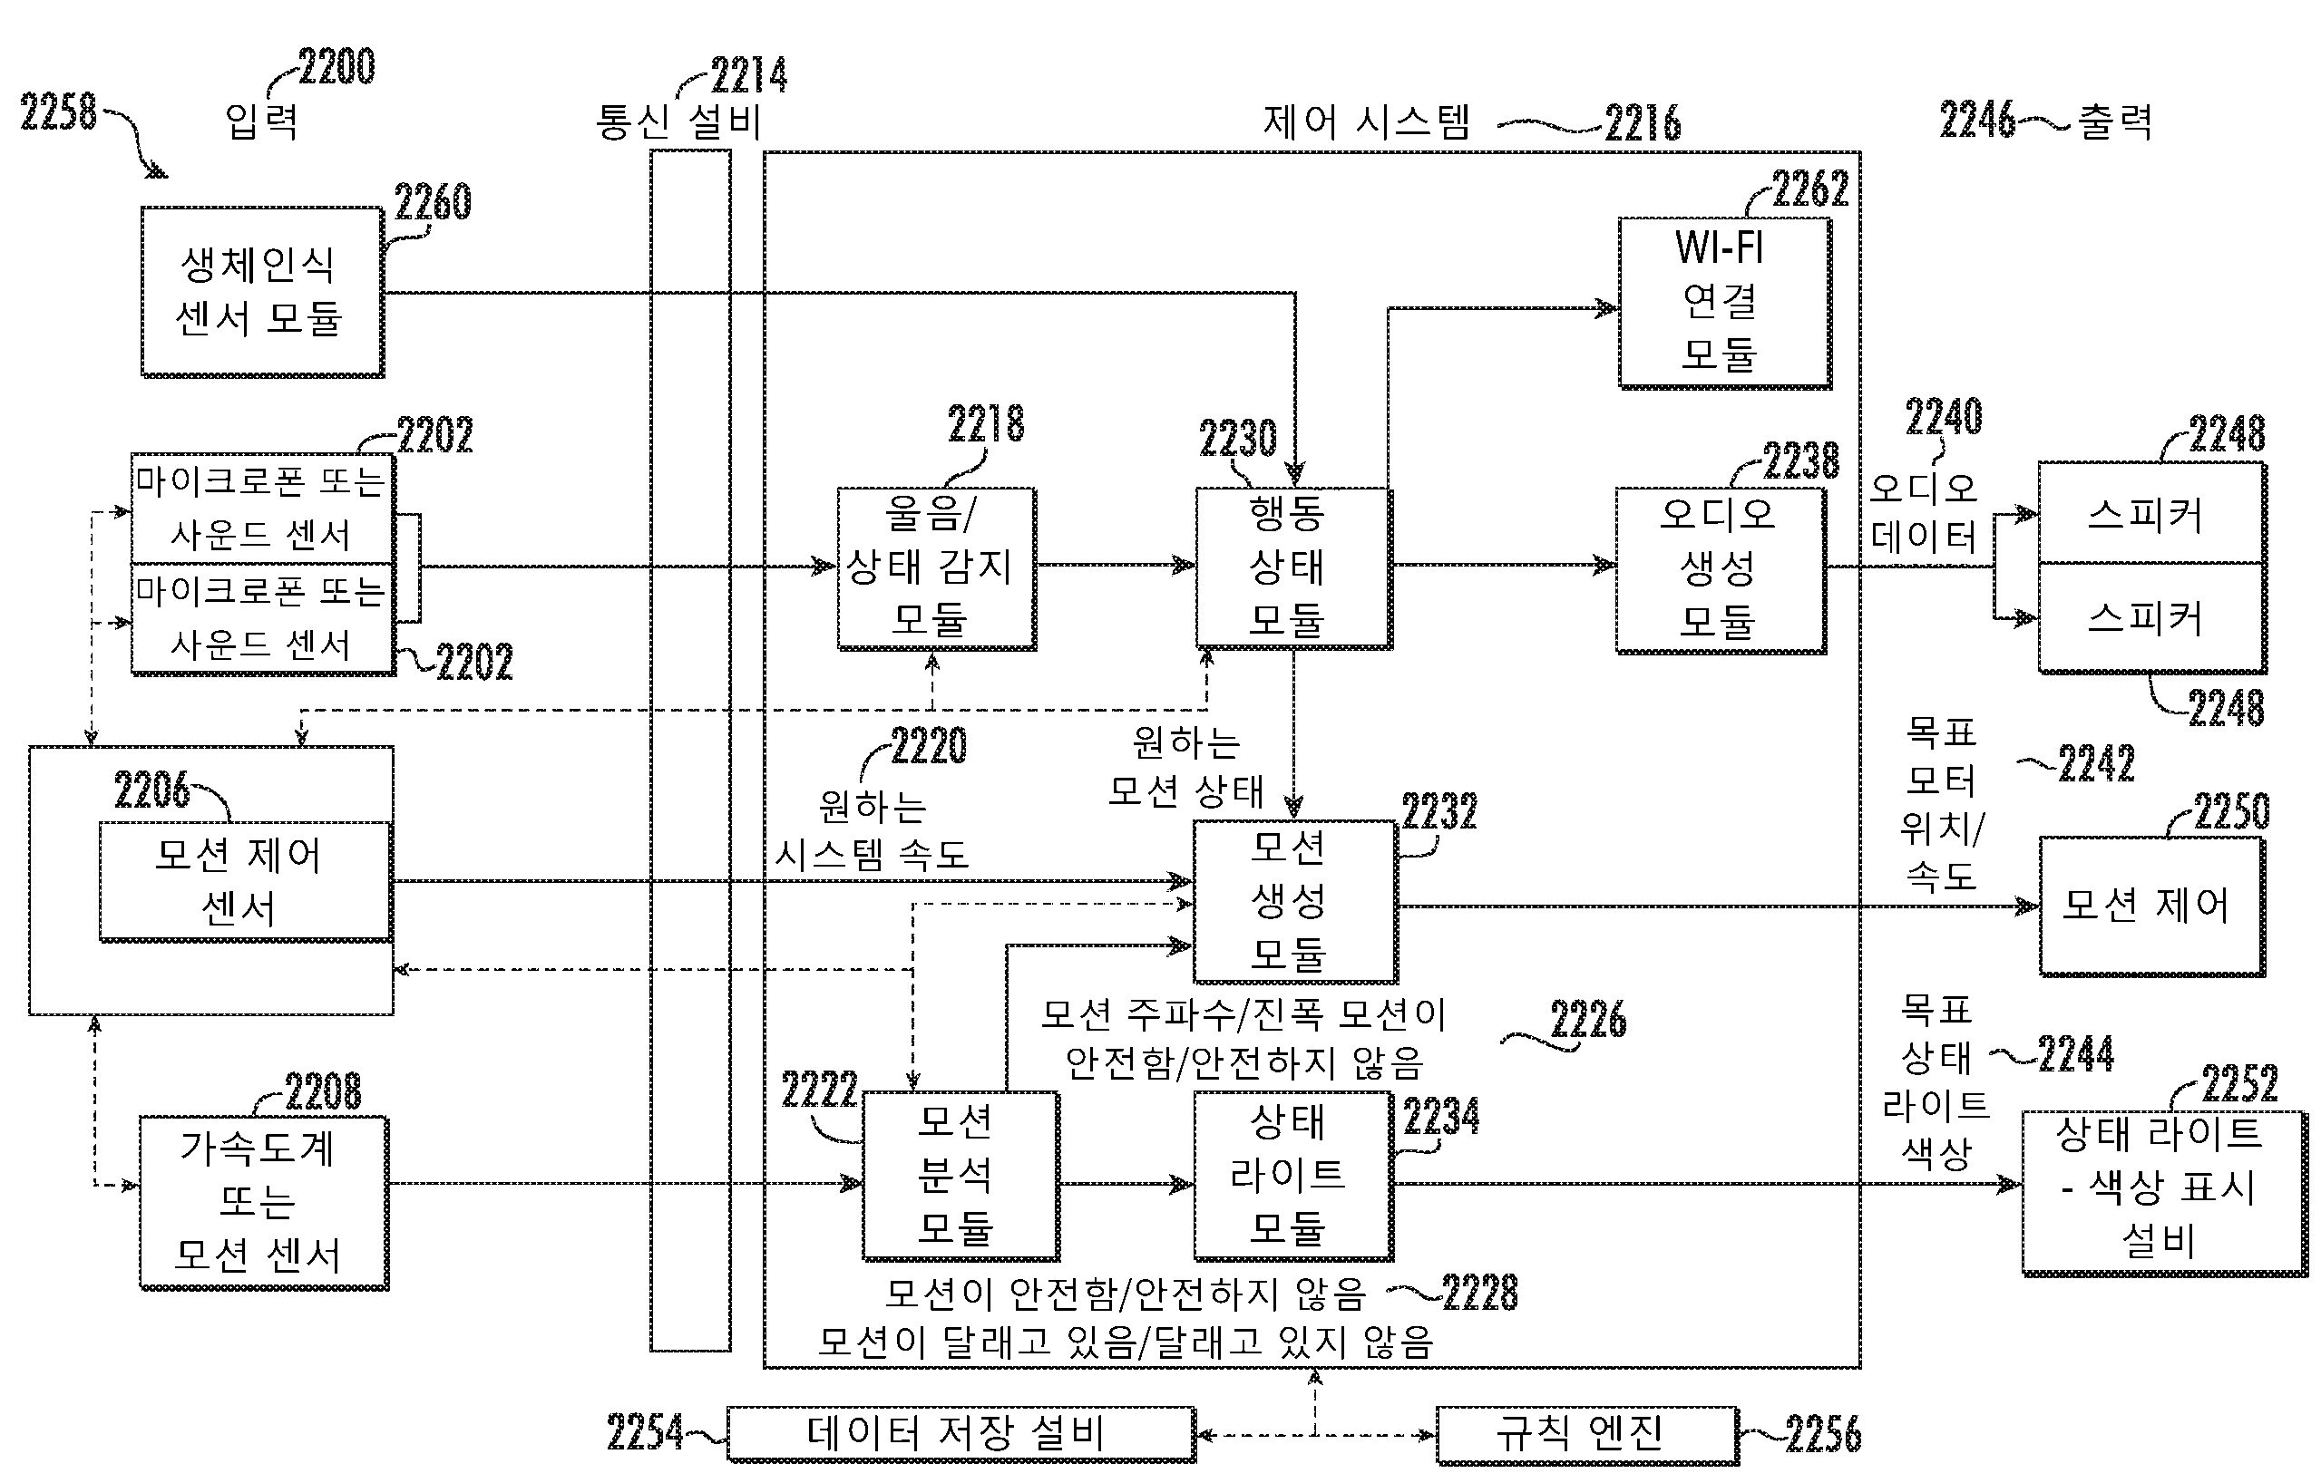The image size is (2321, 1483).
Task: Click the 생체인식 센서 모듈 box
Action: [x=261, y=291]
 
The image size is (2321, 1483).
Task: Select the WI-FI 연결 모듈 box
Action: [x=1723, y=303]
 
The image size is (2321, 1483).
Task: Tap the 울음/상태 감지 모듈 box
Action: [x=935, y=567]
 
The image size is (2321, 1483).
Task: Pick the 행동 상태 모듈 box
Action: [x=1292, y=567]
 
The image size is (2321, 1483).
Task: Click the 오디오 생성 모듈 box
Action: [x=1720, y=569]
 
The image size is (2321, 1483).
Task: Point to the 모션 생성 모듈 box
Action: [x=1293, y=900]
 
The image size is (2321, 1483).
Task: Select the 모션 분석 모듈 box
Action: [x=960, y=1175]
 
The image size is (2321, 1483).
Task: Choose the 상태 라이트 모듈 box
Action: [x=1292, y=1175]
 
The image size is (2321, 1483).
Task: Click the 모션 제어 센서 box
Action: [x=245, y=881]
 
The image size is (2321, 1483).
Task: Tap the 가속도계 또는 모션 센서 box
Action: [x=263, y=1202]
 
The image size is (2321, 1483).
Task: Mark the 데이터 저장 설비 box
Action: [x=960, y=1433]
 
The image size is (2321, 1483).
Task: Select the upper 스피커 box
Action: [x=2150, y=514]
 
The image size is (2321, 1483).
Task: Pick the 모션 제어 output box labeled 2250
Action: [x=2150, y=906]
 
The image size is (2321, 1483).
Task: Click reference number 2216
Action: [x=1643, y=123]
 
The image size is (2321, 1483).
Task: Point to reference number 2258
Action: [x=58, y=111]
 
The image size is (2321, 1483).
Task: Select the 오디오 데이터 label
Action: [x=1923, y=513]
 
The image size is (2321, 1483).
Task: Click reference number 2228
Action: [x=1479, y=1294]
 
